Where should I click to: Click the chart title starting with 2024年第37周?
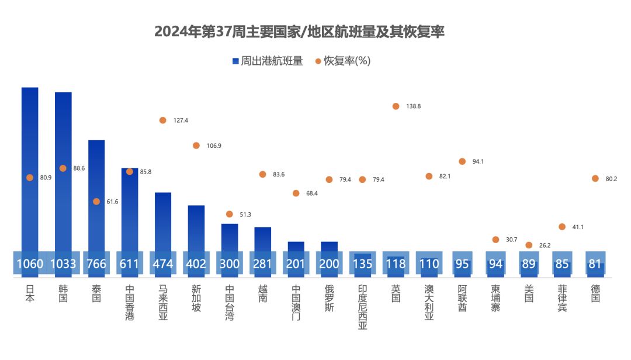299,32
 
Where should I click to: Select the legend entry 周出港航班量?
267,61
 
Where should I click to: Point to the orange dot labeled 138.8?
396,106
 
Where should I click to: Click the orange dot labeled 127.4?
163,120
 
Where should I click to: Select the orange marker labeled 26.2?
529,245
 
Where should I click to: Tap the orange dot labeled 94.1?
462,161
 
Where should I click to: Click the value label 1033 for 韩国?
63,264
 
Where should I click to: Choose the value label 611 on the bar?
130,264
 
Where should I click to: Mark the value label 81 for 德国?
595,264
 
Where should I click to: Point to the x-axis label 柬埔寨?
495,298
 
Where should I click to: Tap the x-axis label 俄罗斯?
329,298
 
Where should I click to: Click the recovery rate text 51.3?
245,215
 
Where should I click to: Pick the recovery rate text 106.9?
214,146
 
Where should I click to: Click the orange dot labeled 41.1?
562,227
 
